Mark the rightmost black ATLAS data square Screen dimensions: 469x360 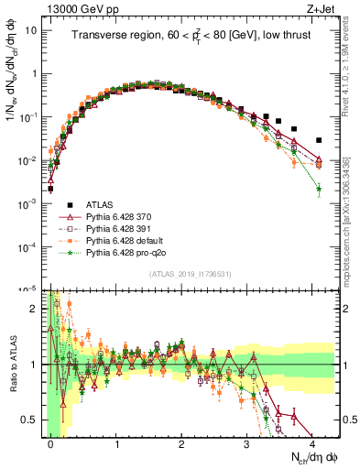coord(319,140)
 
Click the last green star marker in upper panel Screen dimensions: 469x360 coord(319,189)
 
